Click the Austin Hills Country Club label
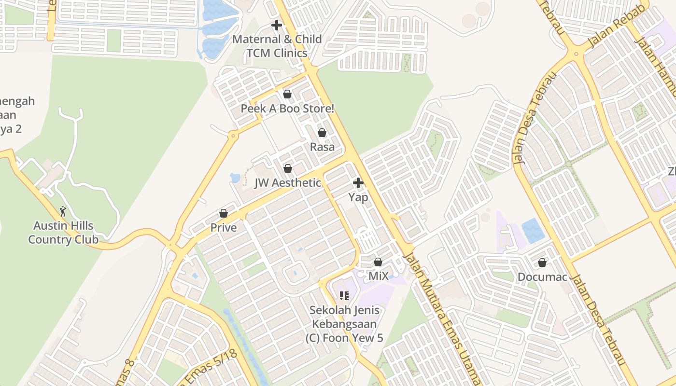point(63,233)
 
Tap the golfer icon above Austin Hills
point(63,211)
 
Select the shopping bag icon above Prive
point(224,213)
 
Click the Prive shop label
point(224,227)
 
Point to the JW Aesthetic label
point(288,183)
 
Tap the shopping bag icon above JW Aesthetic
point(288,168)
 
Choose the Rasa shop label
point(322,147)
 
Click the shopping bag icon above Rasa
point(322,133)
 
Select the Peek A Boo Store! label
point(287,109)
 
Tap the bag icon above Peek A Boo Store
point(287,94)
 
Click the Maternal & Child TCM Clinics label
point(277,46)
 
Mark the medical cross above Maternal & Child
point(277,25)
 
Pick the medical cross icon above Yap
point(358,183)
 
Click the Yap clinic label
point(358,197)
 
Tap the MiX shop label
point(379,276)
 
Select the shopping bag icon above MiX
point(378,262)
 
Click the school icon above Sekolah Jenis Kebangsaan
point(344,295)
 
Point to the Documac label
point(542,277)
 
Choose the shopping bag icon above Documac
point(542,262)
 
